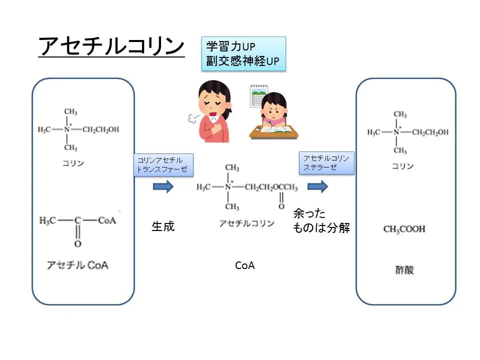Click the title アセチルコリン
coord(111,47)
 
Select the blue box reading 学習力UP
coord(243,53)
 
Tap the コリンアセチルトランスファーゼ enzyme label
coord(163,164)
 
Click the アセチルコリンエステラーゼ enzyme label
coord(326,163)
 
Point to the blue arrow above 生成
coord(163,187)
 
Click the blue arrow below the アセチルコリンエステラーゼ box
coord(317,187)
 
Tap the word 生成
coord(163,226)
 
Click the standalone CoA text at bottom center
coord(245,265)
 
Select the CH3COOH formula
coord(404,229)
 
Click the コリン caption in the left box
coord(73,163)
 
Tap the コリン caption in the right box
coord(402,166)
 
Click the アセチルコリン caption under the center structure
coord(246,223)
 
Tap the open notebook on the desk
coord(276,129)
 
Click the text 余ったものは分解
coord(321,221)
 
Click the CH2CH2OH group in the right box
coord(430,132)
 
